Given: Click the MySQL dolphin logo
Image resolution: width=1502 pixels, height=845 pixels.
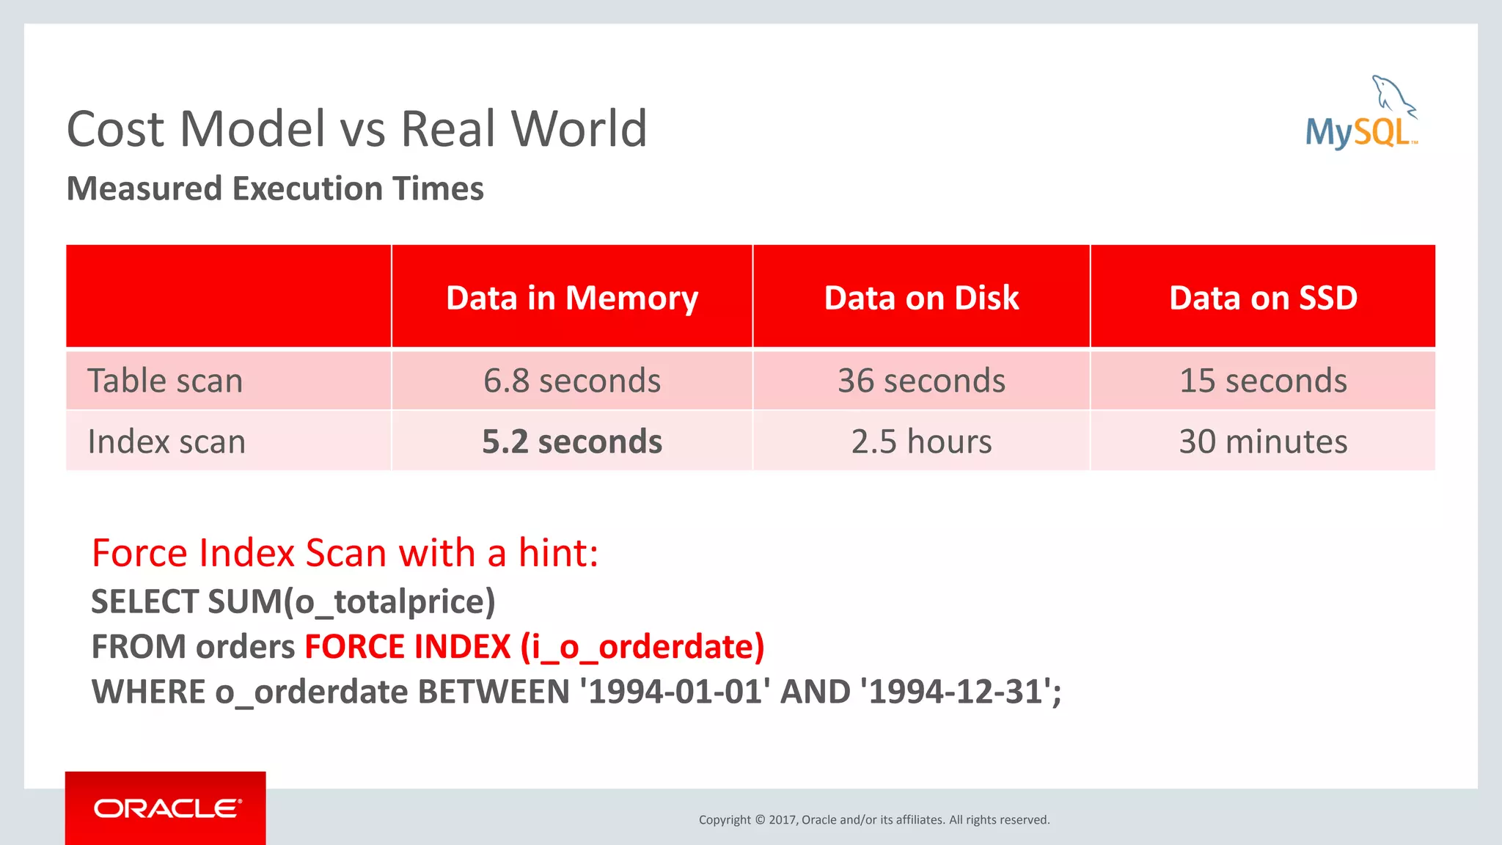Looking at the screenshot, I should pos(1361,114).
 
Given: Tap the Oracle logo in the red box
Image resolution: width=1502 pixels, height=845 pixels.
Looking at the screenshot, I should pos(166,808).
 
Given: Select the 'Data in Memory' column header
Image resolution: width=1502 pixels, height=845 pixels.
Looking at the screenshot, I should pos(572,298).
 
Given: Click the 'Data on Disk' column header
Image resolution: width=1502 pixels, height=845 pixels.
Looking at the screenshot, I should pos(921,298).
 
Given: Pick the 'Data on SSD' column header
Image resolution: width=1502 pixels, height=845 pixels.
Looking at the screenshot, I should pos(1263,298).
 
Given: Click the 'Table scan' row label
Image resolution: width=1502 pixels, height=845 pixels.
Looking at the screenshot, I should pos(165,381).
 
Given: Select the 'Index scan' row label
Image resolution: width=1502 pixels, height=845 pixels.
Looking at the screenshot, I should pos(166,442).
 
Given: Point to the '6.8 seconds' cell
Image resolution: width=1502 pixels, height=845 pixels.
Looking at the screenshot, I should pos(572,381).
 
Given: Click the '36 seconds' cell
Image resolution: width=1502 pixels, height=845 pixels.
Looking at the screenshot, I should pos(921,381).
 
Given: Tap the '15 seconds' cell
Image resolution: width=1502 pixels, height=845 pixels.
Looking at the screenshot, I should pos(1263,381).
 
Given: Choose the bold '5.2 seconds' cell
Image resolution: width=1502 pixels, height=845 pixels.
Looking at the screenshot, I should pos(572,442).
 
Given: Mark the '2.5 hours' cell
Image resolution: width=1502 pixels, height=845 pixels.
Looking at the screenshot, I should pos(921,442).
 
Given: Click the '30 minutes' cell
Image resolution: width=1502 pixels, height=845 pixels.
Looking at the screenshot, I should pos(1263,442).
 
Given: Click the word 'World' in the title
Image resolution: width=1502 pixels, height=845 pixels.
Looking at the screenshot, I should pos(579,129).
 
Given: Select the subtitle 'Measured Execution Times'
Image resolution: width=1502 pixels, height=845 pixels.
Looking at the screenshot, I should pos(275,189).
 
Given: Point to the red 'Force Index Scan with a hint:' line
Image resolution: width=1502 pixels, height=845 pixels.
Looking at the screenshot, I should pos(345,552).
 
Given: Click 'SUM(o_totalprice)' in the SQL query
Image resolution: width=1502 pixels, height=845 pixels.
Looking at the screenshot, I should pos(351,601).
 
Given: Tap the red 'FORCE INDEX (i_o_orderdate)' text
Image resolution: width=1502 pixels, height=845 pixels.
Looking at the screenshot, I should pos(534,647).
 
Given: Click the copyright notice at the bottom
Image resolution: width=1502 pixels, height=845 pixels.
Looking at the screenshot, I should pos(874,819).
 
